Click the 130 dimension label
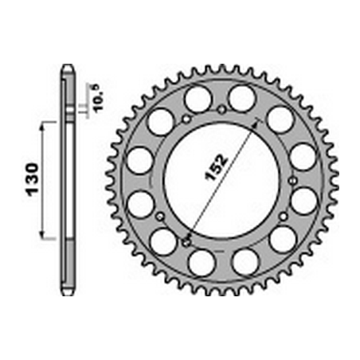[x=32, y=180]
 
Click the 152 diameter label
[x=217, y=167]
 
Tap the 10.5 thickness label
[x=97, y=98]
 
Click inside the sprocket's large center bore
[x=222, y=180]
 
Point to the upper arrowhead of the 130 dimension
[x=42, y=127]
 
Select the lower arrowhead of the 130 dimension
[x=41, y=233]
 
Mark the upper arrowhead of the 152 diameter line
[x=256, y=123]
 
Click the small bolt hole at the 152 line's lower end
[x=186, y=242]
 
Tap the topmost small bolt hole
[x=222, y=109]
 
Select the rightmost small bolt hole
[x=293, y=181]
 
